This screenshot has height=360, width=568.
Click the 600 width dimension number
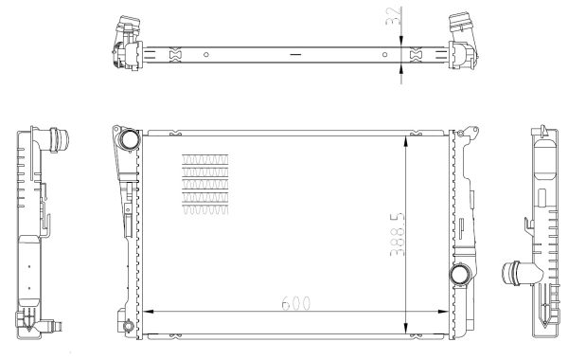pos(293,304)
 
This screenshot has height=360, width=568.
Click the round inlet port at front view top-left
pos(128,141)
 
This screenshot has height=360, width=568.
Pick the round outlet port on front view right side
pos(461,275)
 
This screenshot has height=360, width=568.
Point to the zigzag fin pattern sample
pos(204,185)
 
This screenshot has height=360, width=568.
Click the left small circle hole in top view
pos(205,53)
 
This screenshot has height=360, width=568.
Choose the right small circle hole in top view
pos(384,53)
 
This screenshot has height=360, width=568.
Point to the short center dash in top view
pos(295,54)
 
